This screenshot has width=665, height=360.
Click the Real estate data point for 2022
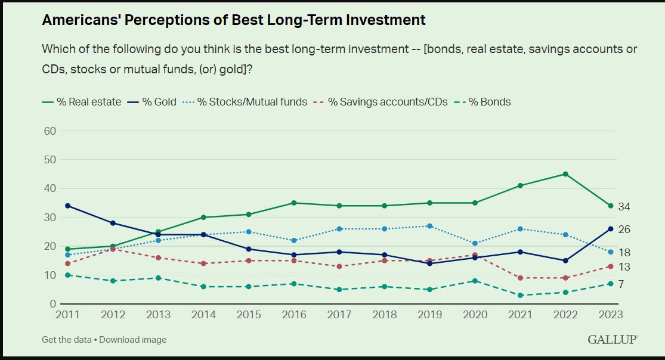click(x=565, y=174)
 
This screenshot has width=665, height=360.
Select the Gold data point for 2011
click(x=67, y=206)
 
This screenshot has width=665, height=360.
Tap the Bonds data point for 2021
click(x=520, y=295)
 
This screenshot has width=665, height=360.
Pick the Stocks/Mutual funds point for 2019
click(x=429, y=226)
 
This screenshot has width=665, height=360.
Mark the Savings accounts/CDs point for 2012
click(x=113, y=249)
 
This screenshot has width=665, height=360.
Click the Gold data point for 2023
click(x=610, y=229)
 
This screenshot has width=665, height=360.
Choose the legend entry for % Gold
click(x=159, y=102)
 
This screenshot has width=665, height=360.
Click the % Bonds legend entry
click(x=489, y=102)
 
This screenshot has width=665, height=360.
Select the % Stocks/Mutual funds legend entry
click(x=252, y=102)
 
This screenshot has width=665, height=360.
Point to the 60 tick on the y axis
click(x=50, y=131)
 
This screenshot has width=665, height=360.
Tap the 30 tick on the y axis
click(x=50, y=217)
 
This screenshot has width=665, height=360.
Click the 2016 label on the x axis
click(x=294, y=315)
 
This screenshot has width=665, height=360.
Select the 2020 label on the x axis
click(x=475, y=315)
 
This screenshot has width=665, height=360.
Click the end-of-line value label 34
click(x=624, y=207)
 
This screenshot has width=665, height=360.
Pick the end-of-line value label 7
click(x=621, y=284)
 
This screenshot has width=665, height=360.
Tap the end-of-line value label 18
click(x=624, y=253)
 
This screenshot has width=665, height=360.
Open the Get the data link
click(x=66, y=340)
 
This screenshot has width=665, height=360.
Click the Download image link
click(x=133, y=340)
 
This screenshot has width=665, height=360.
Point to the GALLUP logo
click(x=612, y=340)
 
